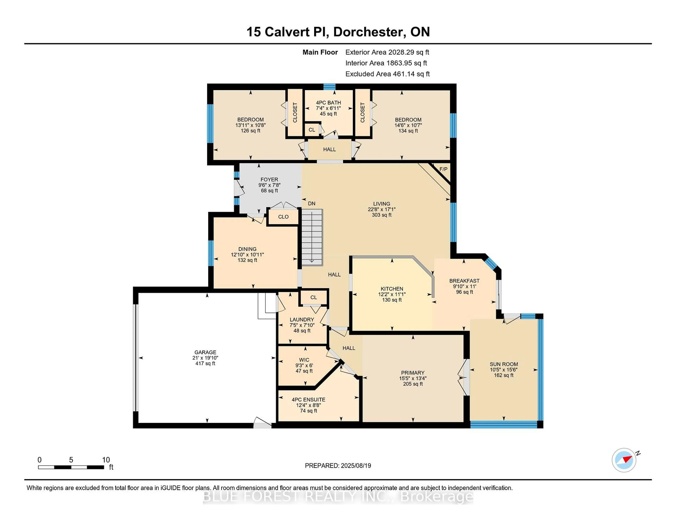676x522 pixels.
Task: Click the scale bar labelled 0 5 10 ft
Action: tap(71, 467)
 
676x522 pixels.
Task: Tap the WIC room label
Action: tap(304, 360)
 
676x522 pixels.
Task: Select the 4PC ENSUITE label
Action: tap(308, 400)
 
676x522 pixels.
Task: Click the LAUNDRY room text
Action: tap(302, 319)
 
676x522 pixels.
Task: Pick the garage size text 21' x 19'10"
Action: tap(205, 358)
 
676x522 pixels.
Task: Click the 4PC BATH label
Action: tap(328, 103)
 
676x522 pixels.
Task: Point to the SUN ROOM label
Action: tap(504, 364)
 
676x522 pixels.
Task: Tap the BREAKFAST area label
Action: tap(464, 281)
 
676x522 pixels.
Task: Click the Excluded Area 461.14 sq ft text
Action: tap(387, 74)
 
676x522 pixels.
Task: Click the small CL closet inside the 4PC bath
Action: tap(312, 130)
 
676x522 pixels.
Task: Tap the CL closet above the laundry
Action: tap(314, 297)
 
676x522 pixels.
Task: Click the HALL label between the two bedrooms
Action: tap(329, 149)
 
